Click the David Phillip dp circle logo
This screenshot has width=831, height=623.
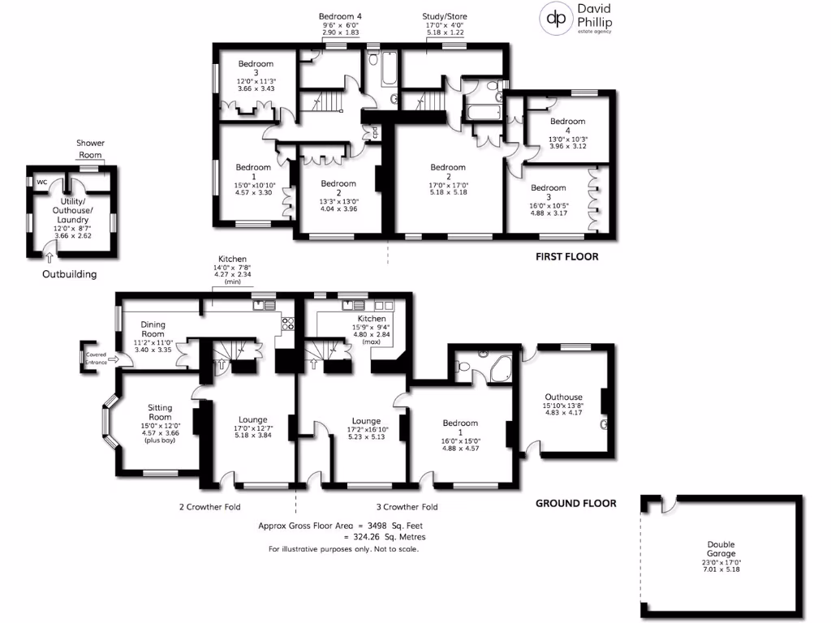click(x=555, y=19)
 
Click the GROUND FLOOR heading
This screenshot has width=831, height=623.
click(x=575, y=503)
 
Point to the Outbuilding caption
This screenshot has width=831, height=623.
click(x=69, y=274)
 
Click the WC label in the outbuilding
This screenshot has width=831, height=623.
click(x=41, y=183)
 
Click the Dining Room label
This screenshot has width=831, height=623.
click(x=153, y=329)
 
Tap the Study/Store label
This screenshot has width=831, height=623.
click(x=445, y=16)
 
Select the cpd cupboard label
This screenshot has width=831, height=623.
click(x=375, y=131)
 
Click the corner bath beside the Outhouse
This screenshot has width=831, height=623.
click(x=497, y=367)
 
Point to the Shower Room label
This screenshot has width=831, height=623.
click(x=90, y=148)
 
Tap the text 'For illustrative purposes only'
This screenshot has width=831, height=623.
click(x=343, y=549)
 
